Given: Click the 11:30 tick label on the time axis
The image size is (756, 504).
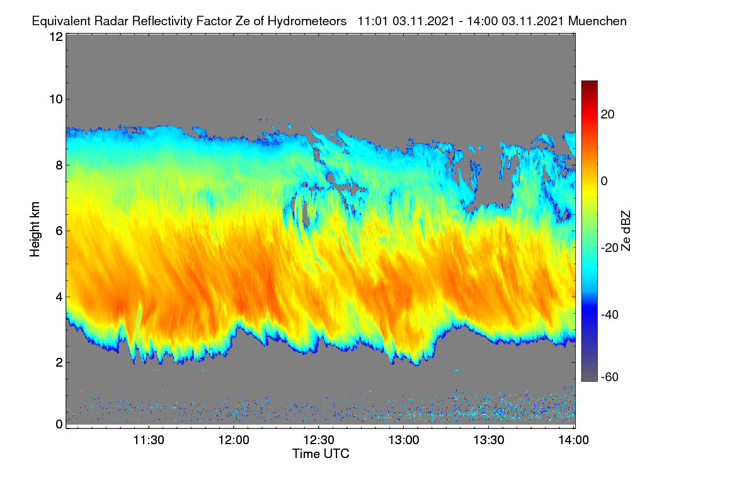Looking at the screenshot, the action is pos(149,440).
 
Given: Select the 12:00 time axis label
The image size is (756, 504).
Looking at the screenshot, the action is pos(234,440).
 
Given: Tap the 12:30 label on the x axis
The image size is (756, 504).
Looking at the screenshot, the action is pos(319,440).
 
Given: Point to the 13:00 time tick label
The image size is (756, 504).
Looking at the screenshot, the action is pos(404,440).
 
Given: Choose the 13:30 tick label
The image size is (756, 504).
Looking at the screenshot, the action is pos(489,440).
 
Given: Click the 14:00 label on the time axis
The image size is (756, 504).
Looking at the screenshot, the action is pos(573,440).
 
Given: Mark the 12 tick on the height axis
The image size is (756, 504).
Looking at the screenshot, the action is pos(56,37).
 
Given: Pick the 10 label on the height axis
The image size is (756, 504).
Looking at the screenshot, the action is pos(56,100).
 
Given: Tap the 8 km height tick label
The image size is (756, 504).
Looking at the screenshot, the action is pos(59,166).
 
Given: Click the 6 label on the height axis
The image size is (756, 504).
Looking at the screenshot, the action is pos(59,231).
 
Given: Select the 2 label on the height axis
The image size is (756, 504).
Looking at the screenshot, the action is pos(59,362).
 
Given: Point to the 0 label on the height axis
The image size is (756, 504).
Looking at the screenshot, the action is pos(59,425).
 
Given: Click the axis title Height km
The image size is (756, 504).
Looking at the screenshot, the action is pos(35,229).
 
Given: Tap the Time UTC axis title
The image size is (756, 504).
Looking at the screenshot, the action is pos(321,454).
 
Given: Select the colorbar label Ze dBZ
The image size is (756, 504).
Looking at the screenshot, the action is pos(626,231).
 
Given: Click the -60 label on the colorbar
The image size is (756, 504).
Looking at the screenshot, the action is pos(610,377).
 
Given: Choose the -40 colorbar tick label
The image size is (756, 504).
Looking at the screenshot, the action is pos(610,315).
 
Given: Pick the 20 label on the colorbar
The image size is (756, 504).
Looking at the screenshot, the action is pos(607,115).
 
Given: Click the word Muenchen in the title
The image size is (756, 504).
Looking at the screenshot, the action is pos(597,21).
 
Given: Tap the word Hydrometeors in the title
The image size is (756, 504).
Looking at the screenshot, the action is pos(307,21).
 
